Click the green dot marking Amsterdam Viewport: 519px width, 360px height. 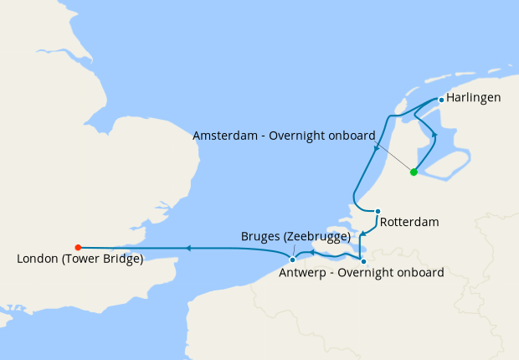[414, 172]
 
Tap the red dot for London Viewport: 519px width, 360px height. [78, 247]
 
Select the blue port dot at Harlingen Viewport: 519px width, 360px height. [441, 100]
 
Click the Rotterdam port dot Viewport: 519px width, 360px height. [378, 211]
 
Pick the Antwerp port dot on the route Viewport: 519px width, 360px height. [362, 261]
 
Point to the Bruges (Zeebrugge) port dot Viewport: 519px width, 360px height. [292, 260]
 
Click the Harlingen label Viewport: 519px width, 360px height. [474, 98]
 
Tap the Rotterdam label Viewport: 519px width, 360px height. [409, 224]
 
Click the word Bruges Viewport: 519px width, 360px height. [259, 237]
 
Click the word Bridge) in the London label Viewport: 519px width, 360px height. [123, 260]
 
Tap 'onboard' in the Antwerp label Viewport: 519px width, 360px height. [419, 273]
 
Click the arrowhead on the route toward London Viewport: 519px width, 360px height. [188, 248]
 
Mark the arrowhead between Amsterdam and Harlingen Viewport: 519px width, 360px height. [434, 135]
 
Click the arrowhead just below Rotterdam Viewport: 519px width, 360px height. [361, 235]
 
